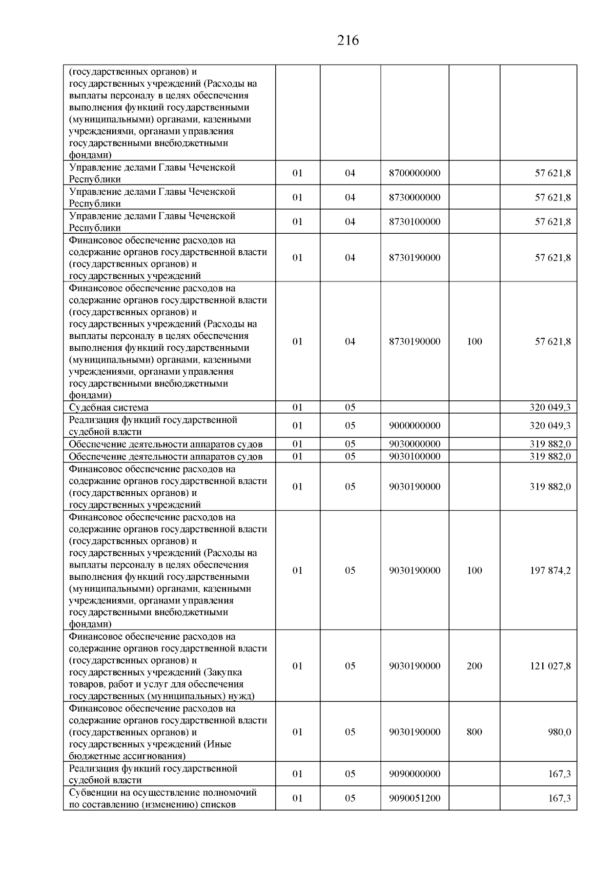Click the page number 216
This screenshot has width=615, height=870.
pos(348,40)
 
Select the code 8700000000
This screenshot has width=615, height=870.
pos(415,173)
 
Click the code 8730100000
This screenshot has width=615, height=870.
pos(415,222)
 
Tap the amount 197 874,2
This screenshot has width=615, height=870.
pos(550,571)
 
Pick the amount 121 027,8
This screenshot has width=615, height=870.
pos(550,666)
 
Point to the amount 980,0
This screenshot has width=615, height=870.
pos(560,732)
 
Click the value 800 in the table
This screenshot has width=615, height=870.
pos(474,732)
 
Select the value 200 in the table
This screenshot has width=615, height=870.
pos(474,666)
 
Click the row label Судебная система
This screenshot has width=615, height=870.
pos(109,408)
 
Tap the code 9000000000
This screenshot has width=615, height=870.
pos(415,426)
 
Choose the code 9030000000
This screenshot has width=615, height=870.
pos(415,444)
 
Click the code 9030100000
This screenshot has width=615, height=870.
pos(415,456)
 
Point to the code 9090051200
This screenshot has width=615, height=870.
pos(415,798)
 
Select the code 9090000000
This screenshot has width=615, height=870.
pos(415,774)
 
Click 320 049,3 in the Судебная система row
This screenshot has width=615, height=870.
pos(550,408)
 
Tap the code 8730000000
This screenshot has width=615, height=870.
pos(415,197)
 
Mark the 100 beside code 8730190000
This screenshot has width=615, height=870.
pos(474,341)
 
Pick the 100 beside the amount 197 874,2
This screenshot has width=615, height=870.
pos(474,571)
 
